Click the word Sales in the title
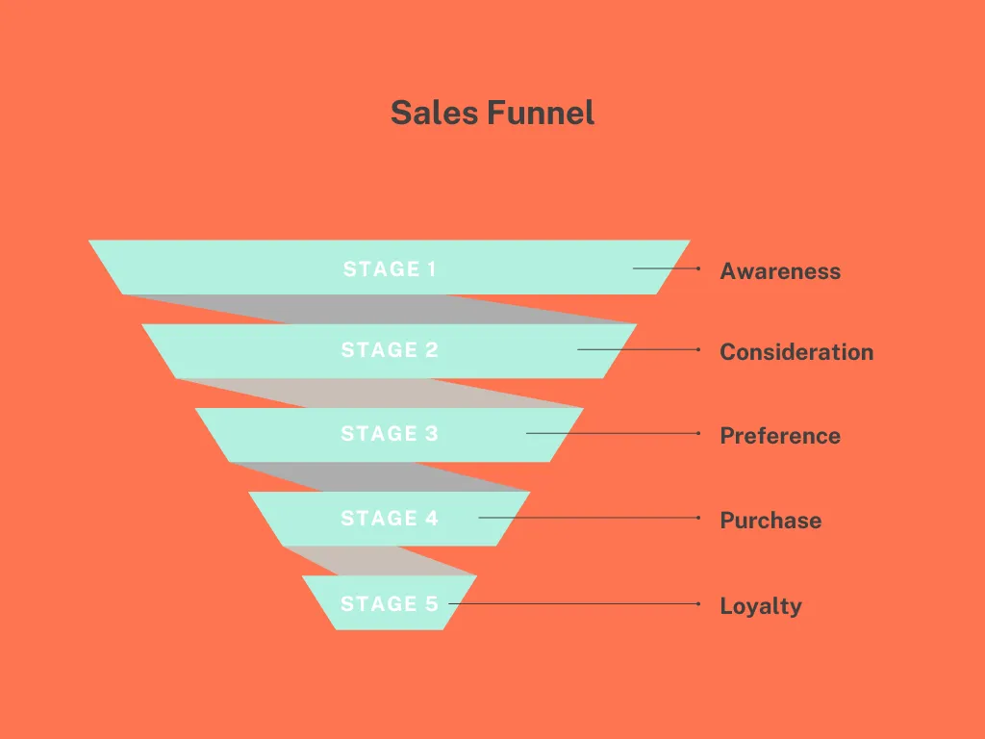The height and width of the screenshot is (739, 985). pos(436,114)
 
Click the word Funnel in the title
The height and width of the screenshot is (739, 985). pos(541,114)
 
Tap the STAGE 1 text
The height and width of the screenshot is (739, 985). pos(390,269)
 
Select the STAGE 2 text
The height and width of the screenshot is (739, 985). pos(390,350)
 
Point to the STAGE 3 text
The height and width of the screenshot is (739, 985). pos(390,434)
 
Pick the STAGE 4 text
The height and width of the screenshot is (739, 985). pos(390,519)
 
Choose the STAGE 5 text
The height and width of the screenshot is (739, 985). pos(390,604)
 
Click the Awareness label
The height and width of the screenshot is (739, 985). pos(780,271)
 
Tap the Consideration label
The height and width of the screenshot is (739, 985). pos(796,352)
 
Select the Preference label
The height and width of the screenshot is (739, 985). pos(780,436)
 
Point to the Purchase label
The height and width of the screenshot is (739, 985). pos(770,521)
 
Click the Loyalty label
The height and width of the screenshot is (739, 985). pos(761,606)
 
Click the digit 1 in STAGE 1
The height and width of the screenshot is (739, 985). pos(432,269)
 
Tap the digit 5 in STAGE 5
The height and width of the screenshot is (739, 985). pos(432,604)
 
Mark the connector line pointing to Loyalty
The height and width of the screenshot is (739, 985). pos(574,604)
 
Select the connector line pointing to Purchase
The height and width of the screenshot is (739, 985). pos(590,518)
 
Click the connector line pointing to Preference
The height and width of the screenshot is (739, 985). pos(613,434)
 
